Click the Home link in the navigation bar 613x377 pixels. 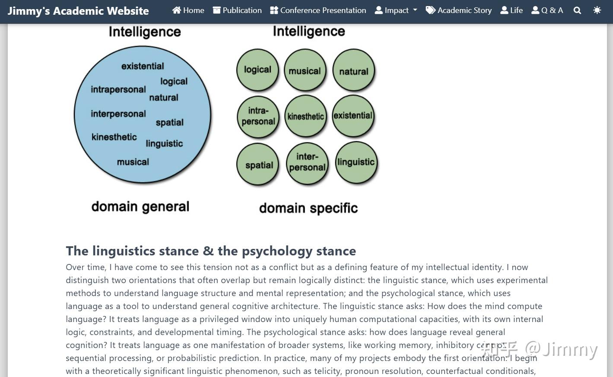click(188, 10)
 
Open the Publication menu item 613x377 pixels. click(237, 10)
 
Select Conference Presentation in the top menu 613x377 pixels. click(318, 10)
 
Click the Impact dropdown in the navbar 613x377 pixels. click(396, 10)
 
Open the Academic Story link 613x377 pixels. click(459, 10)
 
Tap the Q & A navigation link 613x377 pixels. click(547, 10)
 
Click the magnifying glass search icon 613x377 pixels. click(577, 10)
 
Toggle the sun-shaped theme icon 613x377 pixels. click(597, 10)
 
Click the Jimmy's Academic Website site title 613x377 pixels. click(78, 11)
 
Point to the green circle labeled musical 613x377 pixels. click(305, 70)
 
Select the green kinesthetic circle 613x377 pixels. click(306, 116)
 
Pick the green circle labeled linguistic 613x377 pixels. click(356, 162)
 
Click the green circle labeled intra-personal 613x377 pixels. click(258, 117)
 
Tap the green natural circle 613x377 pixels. click(353, 70)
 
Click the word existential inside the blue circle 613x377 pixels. click(143, 66)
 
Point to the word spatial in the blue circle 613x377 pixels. click(170, 122)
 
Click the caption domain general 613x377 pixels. click(140, 207)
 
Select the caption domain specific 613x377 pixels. click(308, 208)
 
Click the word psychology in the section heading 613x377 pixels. click(277, 251)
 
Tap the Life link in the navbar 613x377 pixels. click(511, 10)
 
